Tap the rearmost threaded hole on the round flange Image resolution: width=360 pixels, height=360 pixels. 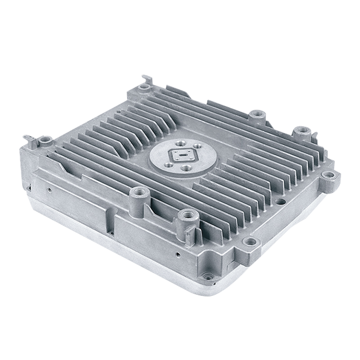pos(180,144)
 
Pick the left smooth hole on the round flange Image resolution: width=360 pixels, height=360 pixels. pos(168,165)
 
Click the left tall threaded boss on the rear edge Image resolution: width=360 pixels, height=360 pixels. pos(256,114)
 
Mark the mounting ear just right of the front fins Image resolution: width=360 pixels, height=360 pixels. pos(250,242)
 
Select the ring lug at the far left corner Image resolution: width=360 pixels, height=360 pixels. pos(45,140)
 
